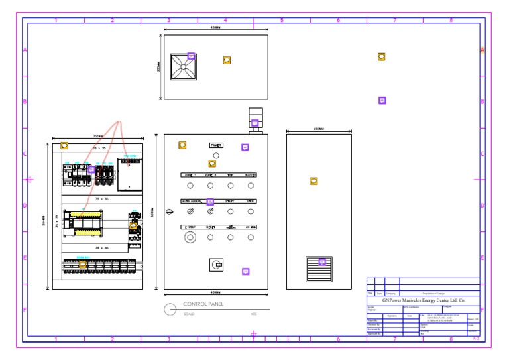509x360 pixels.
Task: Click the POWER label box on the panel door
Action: pos(217,145)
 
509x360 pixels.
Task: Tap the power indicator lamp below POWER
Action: pos(216,155)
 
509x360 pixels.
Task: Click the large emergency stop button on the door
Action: pos(190,237)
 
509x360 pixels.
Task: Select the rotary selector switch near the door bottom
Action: pos(216,265)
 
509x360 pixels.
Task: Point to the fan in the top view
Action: pos(183,66)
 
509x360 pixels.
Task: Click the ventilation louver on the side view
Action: pos(317,269)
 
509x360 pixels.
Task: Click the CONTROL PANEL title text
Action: pos(203,304)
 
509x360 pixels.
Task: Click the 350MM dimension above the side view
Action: pos(319,129)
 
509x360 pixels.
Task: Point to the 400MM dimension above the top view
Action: pos(215,27)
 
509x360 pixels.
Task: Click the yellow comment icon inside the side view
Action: pos(314,181)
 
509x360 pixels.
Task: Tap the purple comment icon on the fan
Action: pos(191,56)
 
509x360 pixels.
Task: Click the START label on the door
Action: pos(230,201)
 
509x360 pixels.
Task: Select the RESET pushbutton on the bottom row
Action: pos(211,227)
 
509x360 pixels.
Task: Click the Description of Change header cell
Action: pos(438,293)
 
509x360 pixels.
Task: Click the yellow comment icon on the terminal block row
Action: pos(83,265)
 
